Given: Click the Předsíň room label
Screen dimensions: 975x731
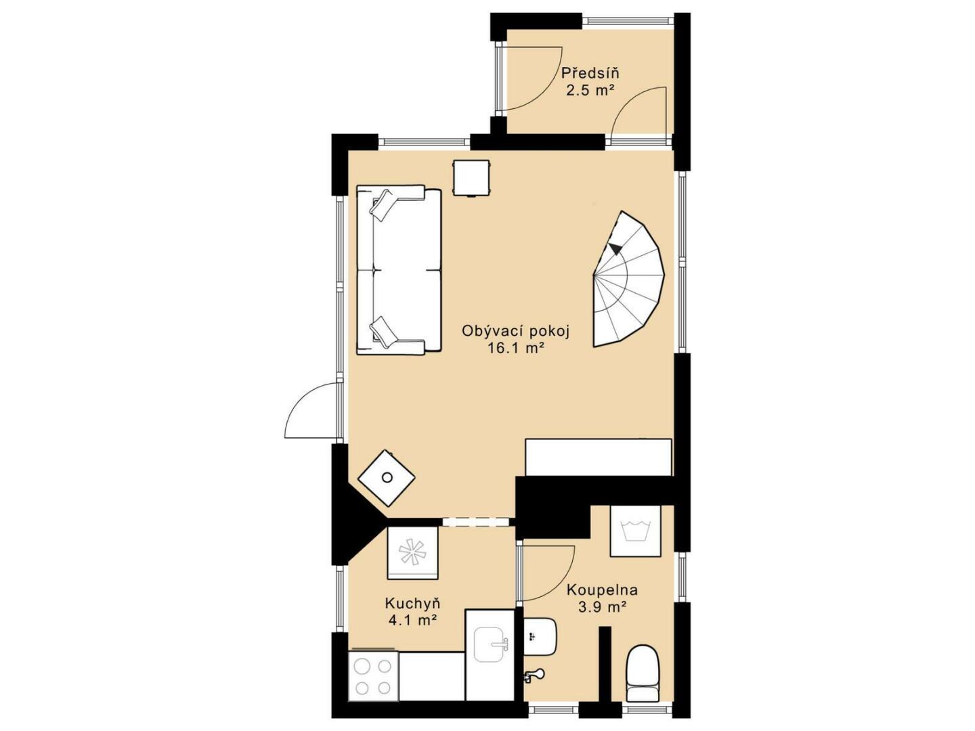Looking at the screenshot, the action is [590, 72].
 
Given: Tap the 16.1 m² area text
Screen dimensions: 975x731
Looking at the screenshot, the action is [516, 349].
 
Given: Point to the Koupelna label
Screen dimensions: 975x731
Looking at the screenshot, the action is [603, 590].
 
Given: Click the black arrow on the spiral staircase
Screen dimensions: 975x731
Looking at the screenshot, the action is [615, 249].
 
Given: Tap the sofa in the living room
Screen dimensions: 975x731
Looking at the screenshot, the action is [399, 271].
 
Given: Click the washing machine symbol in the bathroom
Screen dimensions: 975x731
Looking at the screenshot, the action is [635, 531].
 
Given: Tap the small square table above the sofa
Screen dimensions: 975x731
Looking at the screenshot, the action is [471, 178].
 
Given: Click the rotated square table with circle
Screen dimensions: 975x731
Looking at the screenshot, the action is [387, 478].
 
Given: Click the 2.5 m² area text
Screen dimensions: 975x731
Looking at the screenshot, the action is [590, 91].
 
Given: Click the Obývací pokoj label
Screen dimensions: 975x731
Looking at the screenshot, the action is [516, 332].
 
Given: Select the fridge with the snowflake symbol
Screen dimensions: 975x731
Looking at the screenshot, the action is [412, 553].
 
